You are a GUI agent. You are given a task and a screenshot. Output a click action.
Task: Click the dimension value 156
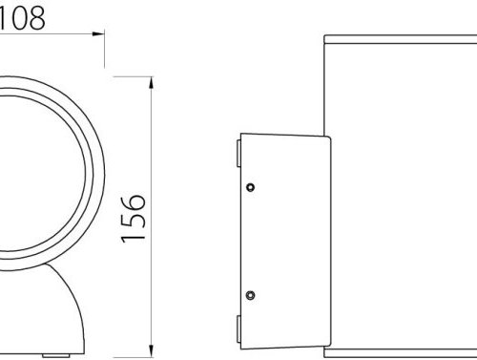[135, 219]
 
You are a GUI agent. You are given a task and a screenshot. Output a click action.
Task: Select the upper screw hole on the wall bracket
[250, 186]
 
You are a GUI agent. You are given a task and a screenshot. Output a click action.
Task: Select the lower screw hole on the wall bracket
[250, 293]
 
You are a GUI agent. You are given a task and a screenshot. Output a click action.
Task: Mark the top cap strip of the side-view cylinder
[401, 40]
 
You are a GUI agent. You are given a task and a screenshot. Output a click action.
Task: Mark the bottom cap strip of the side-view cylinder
[401, 352]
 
